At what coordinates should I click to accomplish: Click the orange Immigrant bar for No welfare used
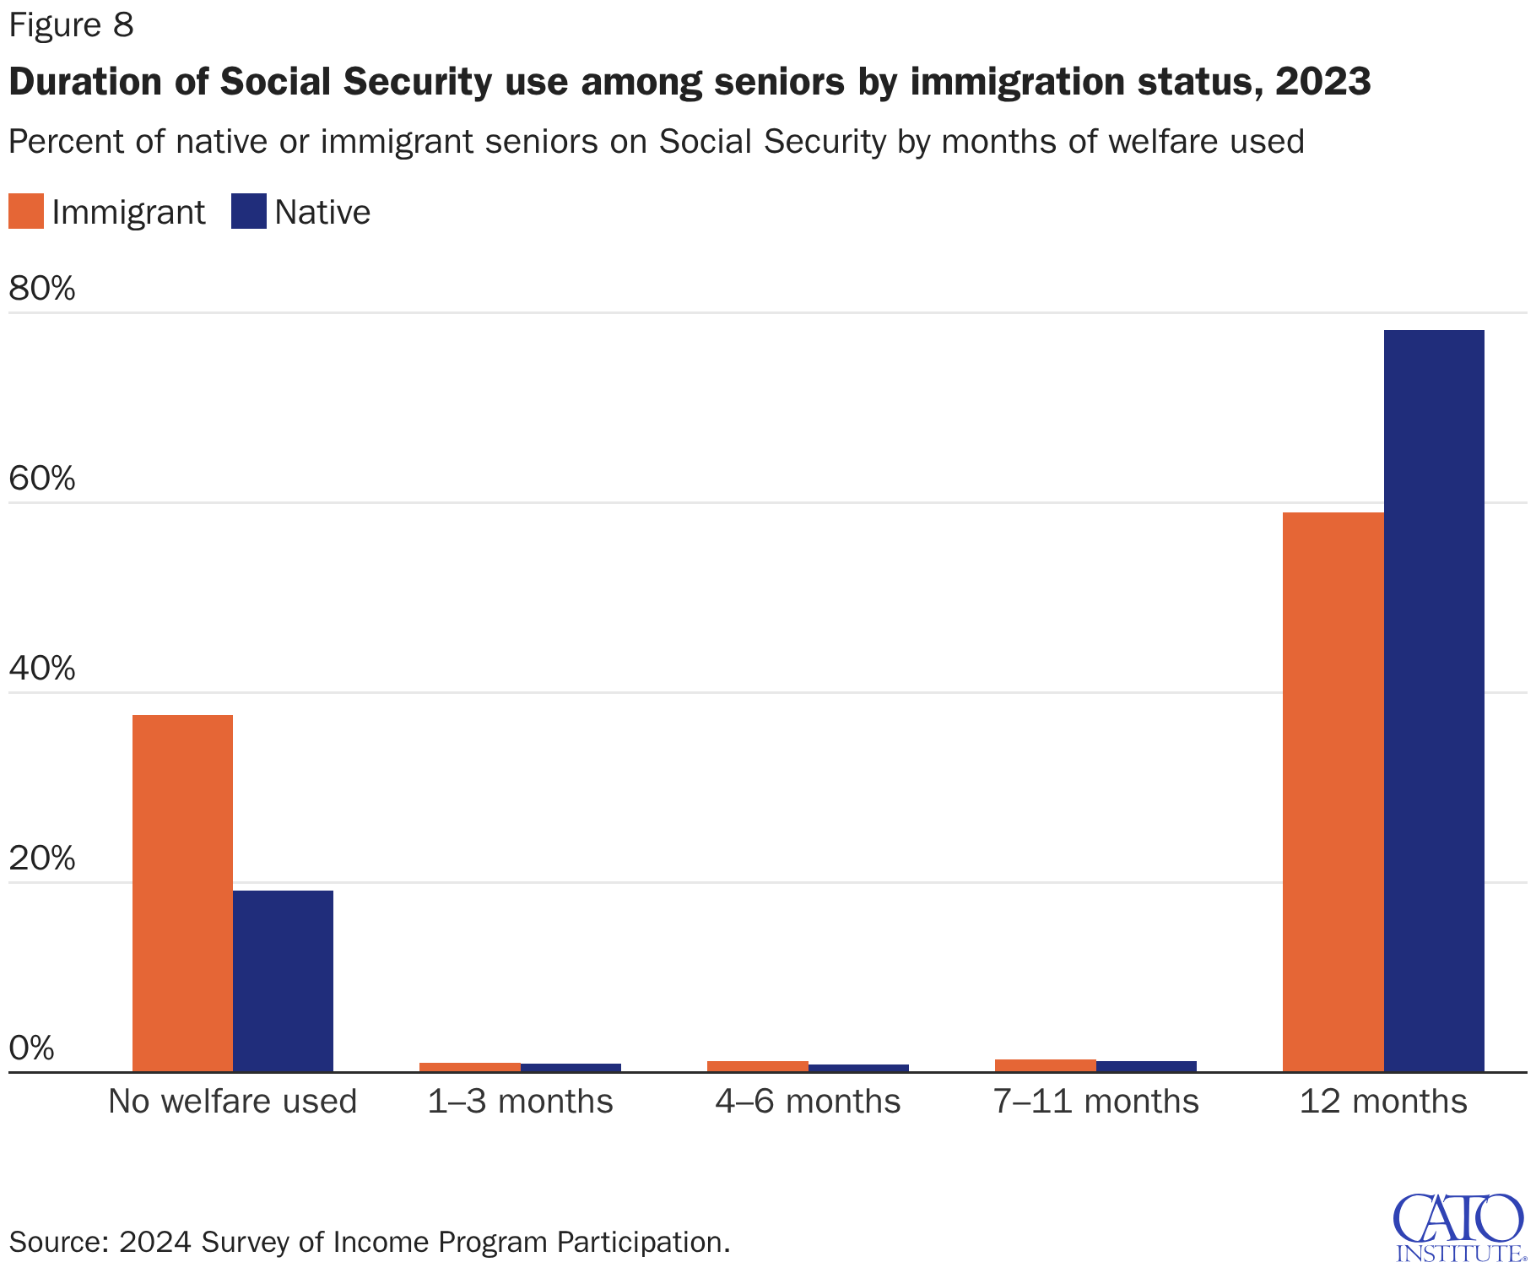click(182, 893)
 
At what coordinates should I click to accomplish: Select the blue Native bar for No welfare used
click(283, 981)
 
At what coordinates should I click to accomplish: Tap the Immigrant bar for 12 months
click(1333, 792)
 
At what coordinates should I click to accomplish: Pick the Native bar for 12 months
click(1433, 701)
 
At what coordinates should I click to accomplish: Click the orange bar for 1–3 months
click(470, 1067)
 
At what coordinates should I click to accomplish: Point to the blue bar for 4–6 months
click(858, 1068)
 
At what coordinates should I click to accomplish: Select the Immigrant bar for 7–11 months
click(1045, 1065)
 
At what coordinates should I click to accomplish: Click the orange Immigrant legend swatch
click(25, 212)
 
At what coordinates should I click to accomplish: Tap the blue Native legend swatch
click(248, 212)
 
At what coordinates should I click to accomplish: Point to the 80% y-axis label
click(42, 289)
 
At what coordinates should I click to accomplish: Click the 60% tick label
click(42, 479)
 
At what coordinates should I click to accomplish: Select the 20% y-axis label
click(42, 859)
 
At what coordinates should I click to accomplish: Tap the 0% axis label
click(32, 1048)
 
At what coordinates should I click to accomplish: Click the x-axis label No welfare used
click(232, 1102)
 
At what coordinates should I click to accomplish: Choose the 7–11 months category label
click(1095, 1102)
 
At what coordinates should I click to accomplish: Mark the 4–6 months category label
click(808, 1102)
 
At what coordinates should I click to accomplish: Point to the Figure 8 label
click(71, 25)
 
